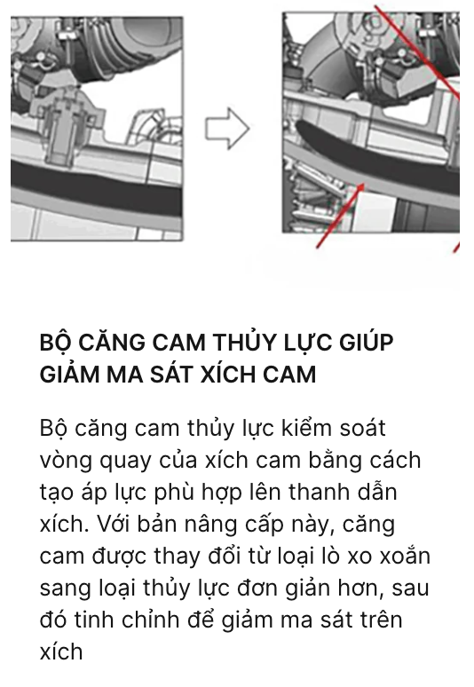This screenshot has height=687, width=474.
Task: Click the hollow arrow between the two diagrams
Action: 227,129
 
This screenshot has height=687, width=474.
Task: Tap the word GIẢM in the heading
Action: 69,375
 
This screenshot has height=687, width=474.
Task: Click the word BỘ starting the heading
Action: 55,343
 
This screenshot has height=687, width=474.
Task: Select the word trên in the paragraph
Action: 381,620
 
